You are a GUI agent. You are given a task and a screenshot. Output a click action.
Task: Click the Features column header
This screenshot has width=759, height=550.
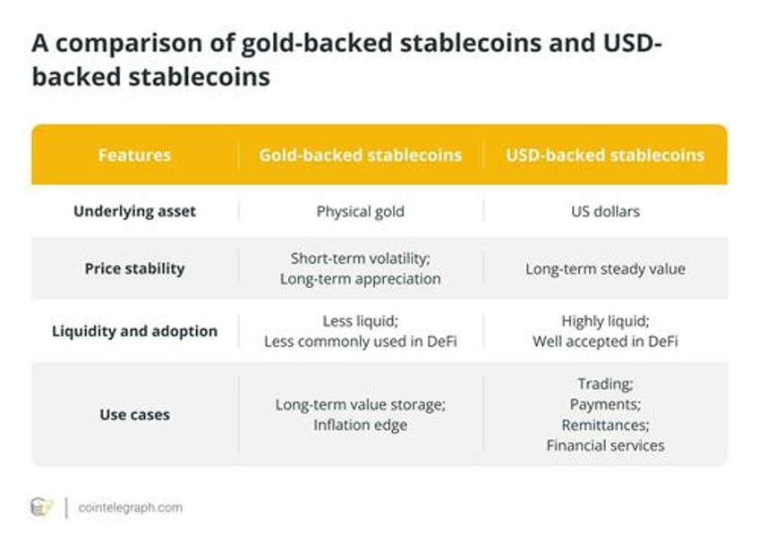coord(134,155)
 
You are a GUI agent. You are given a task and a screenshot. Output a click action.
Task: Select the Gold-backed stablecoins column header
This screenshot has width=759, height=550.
coord(360,155)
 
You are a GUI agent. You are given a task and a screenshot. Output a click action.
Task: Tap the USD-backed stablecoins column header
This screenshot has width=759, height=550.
coord(605,155)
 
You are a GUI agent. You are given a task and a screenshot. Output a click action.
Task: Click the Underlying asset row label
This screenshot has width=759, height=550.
coord(134,211)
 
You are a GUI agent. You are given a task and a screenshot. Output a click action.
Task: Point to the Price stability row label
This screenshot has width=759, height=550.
coord(134,268)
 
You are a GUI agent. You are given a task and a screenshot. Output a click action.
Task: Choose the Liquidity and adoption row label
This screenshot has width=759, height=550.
coord(134,331)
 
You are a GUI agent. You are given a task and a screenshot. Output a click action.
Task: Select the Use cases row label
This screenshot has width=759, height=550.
coord(134,415)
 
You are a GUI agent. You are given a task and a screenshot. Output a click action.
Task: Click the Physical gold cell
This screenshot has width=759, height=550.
coord(360,212)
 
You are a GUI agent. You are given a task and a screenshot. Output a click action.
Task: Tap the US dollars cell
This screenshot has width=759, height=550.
coord(605,211)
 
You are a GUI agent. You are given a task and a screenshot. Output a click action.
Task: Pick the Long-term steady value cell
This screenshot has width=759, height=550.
coord(605,269)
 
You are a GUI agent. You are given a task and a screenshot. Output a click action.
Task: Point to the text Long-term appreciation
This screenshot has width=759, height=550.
coord(360,279)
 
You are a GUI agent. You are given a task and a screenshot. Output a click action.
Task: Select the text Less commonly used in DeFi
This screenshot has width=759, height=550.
coord(360,342)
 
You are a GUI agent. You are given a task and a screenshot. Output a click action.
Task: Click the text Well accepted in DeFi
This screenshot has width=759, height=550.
coord(605,342)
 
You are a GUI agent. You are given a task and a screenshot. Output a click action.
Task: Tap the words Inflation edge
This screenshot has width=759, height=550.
coord(360,425)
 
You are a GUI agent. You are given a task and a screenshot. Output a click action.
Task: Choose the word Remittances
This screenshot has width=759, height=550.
coord(604,425)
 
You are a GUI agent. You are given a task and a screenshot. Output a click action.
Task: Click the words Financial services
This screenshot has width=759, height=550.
coord(605,445)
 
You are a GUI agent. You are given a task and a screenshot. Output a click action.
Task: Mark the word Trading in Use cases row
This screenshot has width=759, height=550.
coord(604,384)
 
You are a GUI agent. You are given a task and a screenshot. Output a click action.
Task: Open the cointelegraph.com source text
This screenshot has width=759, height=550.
coord(130,507)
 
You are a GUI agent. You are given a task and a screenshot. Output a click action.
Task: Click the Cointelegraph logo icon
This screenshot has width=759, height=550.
coord(41,507)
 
